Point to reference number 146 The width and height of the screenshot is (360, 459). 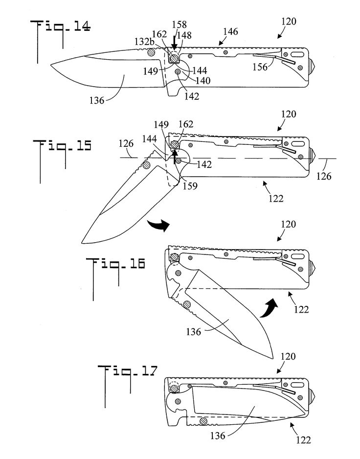[x=229, y=32]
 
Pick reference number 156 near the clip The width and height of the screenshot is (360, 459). [x=261, y=67]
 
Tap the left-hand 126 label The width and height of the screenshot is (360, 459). [x=126, y=145]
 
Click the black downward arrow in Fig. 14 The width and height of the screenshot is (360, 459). [x=175, y=46]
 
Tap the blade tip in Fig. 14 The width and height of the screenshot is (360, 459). [x=51, y=65]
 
